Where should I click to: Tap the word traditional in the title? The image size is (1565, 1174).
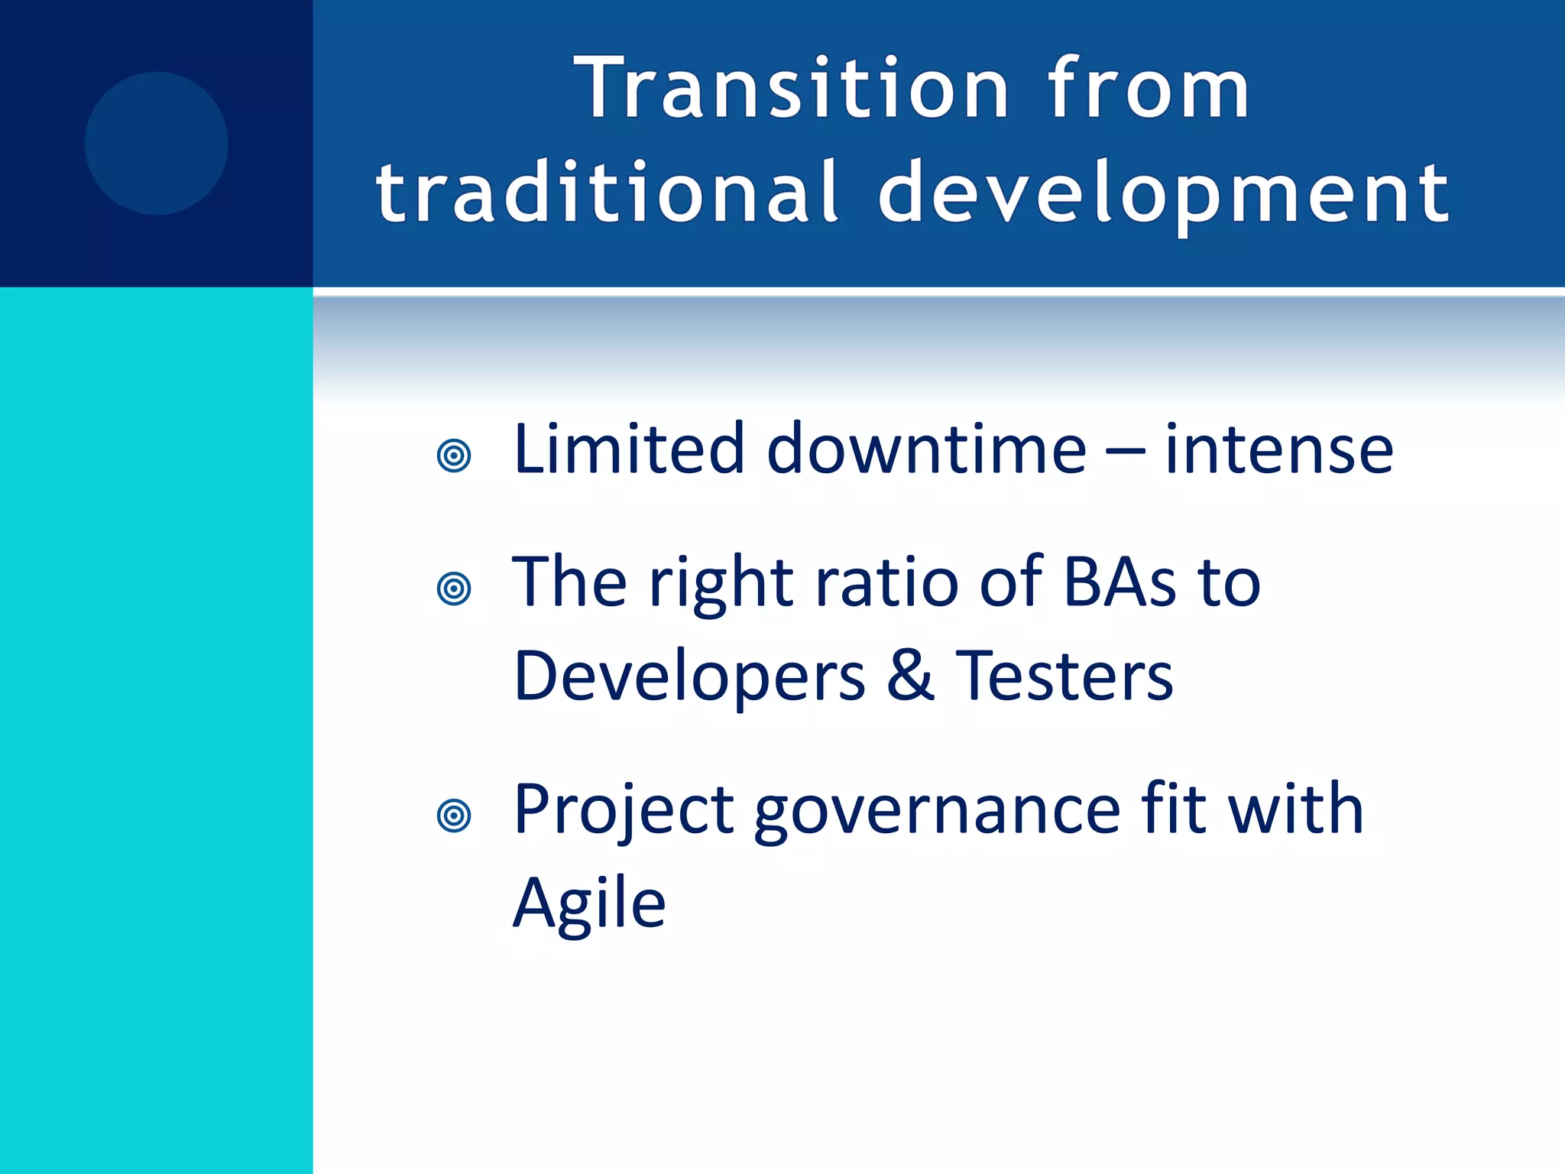(608, 193)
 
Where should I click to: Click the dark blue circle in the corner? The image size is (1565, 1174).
(157, 143)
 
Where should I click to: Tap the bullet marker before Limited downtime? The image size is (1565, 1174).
(454, 456)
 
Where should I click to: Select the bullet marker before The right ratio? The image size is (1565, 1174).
(454, 589)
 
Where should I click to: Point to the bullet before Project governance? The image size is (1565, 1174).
(454, 816)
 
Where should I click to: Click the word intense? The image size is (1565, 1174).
(1278, 451)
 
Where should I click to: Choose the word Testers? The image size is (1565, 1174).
(1064, 676)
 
